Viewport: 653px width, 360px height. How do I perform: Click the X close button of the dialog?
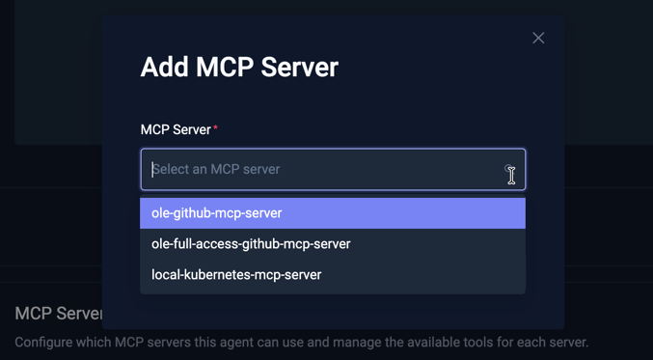click(538, 38)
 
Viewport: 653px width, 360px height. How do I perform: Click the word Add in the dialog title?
click(165, 68)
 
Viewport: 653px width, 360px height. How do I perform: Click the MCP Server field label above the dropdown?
click(176, 129)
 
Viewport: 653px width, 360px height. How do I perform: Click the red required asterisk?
click(216, 128)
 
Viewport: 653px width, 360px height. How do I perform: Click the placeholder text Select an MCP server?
click(216, 170)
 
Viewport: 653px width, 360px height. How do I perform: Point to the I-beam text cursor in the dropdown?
click(511, 175)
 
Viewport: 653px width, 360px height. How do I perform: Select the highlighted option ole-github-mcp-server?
click(217, 213)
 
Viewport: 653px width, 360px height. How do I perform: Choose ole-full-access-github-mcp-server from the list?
click(251, 244)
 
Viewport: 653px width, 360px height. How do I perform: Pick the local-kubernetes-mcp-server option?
click(236, 275)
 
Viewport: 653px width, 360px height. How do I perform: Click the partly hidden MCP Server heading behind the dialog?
click(59, 314)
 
